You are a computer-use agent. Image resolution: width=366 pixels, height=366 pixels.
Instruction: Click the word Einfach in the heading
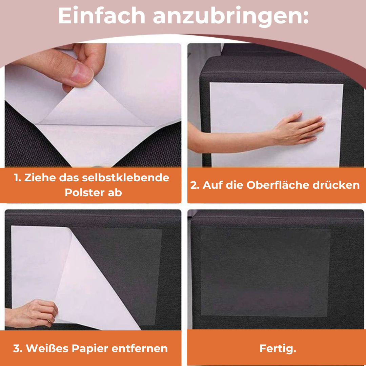point(102,16)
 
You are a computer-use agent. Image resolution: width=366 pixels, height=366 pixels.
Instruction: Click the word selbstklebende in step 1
point(126,178)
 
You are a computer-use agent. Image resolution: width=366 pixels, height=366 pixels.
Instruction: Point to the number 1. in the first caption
point(18,178)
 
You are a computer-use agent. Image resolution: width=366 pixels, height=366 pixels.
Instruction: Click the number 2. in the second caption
point(195,185)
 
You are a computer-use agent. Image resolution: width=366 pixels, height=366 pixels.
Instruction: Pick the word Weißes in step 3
point(47,348)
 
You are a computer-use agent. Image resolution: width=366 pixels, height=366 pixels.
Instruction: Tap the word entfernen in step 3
point(140,349)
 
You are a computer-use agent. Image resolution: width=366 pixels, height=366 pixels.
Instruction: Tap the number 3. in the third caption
point(18,349)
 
